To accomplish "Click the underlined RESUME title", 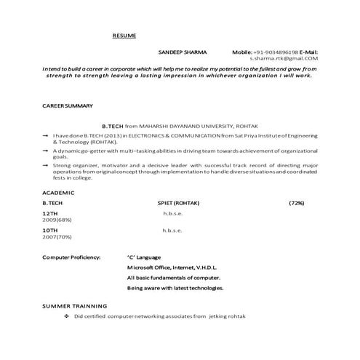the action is coord(123,35).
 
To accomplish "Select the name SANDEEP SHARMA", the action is coord(182,52).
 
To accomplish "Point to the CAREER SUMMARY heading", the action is coord(68,106).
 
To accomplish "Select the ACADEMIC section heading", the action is coord(58,192).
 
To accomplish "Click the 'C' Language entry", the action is coord(144,257).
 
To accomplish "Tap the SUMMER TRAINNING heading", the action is coord(74,306).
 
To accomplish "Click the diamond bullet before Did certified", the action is coord(66,316).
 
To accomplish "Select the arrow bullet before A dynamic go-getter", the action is coord(45,150).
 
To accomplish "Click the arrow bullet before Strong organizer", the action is coord(45,165).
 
